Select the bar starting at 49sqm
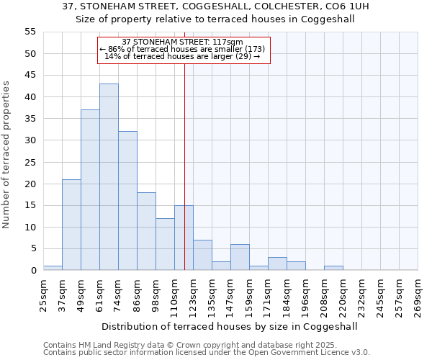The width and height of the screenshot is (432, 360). coord(90,190)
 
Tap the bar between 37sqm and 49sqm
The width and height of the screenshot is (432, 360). coord(71,225)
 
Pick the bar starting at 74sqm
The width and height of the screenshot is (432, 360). coord(127,201)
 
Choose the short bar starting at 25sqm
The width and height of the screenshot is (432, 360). coord(53,268)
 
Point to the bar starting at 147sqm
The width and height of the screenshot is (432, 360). coord(240,257)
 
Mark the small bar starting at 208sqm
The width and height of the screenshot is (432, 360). coord(333,268)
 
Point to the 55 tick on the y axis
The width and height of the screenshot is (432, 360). coord(30,32)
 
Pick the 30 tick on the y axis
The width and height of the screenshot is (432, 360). coord(30,140)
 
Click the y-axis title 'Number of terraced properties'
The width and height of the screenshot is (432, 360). coord(6,155)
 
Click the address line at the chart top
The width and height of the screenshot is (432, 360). coord(215,6)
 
